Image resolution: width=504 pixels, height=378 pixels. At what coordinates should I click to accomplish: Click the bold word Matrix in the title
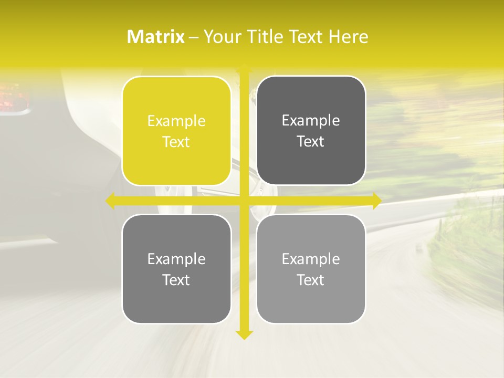point(156,37)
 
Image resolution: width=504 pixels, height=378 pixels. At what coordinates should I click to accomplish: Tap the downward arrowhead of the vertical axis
point(244,334)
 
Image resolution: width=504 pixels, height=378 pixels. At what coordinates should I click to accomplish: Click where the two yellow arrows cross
point(244,201)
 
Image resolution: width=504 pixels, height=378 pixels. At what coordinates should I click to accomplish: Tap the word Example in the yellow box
point(176,121)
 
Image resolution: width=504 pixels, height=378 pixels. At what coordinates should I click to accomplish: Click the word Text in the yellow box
point(176,142)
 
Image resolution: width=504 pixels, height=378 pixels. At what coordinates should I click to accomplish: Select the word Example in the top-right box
point(311,121)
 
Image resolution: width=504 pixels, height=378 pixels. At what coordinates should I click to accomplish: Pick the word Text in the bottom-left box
point(176,280)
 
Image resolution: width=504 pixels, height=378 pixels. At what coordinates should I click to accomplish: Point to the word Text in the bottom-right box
point(311,280)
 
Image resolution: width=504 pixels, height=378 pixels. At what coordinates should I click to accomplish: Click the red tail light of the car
point(10,99)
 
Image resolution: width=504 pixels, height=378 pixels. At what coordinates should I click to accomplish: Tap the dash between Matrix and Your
point(194,37)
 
